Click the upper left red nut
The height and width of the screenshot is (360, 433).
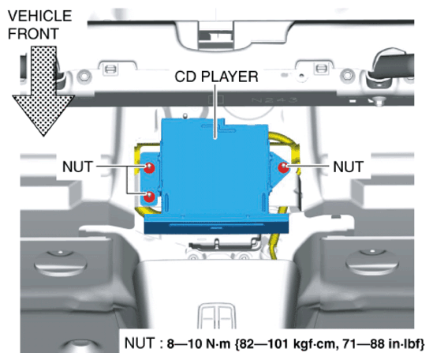click(149, 167)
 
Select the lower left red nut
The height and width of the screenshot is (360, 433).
click(149, 197)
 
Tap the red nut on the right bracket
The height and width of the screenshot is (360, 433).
click(283, 167)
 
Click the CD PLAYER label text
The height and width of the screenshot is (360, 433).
click(216, 77)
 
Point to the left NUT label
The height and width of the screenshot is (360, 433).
click(77, 167)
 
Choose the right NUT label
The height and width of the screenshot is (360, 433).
click(348, 167)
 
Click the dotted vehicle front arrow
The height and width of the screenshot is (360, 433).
click(43, 92)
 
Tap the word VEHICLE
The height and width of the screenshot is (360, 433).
click(39, 16)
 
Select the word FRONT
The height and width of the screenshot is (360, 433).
click(33, 34)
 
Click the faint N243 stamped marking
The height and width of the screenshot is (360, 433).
click(274, 99)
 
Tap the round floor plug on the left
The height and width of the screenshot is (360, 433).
click(61, 263)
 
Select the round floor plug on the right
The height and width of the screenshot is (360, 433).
click(372, 262)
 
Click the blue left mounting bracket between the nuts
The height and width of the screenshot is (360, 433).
click(150, 182)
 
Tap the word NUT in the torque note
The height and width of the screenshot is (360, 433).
click(140, 343)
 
